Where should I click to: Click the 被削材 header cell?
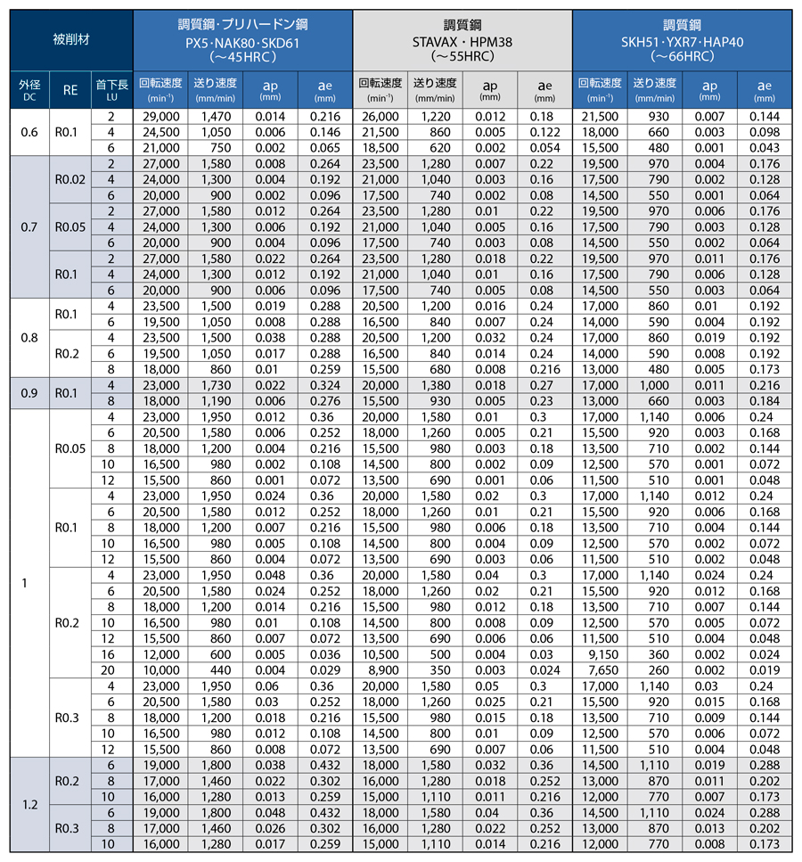click(x=71, y=40)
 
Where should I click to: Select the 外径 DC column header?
click(x=29, y=89)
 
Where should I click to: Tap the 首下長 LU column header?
click(x=112, y=89)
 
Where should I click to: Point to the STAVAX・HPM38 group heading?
click(x=462, y=40)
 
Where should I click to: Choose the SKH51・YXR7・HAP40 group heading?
click(x=682, y=40)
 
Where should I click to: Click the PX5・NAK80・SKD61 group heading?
click(x=242, y=40)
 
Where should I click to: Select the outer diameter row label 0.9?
click(x=29, y=391)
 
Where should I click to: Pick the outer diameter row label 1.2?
click(x=29, y=805)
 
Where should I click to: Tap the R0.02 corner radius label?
click(x=70, y=179)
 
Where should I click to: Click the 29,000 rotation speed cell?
click(x=161, y=117)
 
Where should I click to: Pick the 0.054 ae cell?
click(x=544, y=147)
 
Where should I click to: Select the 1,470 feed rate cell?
click(x=216, y=117)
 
